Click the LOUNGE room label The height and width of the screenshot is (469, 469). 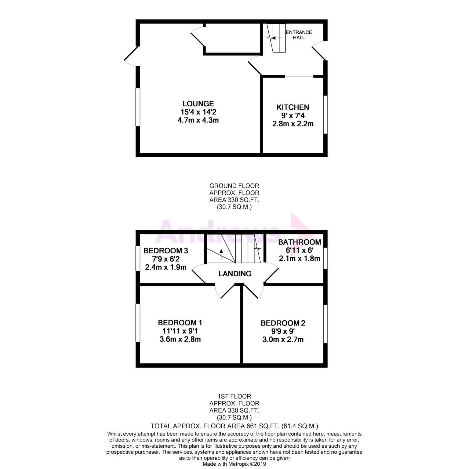198,104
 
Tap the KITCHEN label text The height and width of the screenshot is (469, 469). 293,107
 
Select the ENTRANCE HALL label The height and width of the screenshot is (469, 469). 299,35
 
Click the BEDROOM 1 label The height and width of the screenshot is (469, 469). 180,322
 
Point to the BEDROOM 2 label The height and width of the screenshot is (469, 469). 283,323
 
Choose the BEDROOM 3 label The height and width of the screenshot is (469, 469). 165,251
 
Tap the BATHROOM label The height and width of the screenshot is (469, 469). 300,242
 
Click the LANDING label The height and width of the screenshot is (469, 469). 235,274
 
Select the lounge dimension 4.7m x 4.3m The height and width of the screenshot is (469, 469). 198,120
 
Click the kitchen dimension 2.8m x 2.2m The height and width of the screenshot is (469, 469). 293,124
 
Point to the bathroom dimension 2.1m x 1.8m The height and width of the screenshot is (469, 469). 300,259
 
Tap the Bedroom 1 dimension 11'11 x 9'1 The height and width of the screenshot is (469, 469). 180,331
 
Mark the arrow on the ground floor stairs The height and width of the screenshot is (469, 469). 273,38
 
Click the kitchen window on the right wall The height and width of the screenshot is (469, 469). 325,115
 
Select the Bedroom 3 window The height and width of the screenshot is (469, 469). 138,258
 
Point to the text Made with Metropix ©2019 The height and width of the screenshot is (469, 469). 234,464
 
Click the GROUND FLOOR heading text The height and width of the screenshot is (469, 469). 234,186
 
